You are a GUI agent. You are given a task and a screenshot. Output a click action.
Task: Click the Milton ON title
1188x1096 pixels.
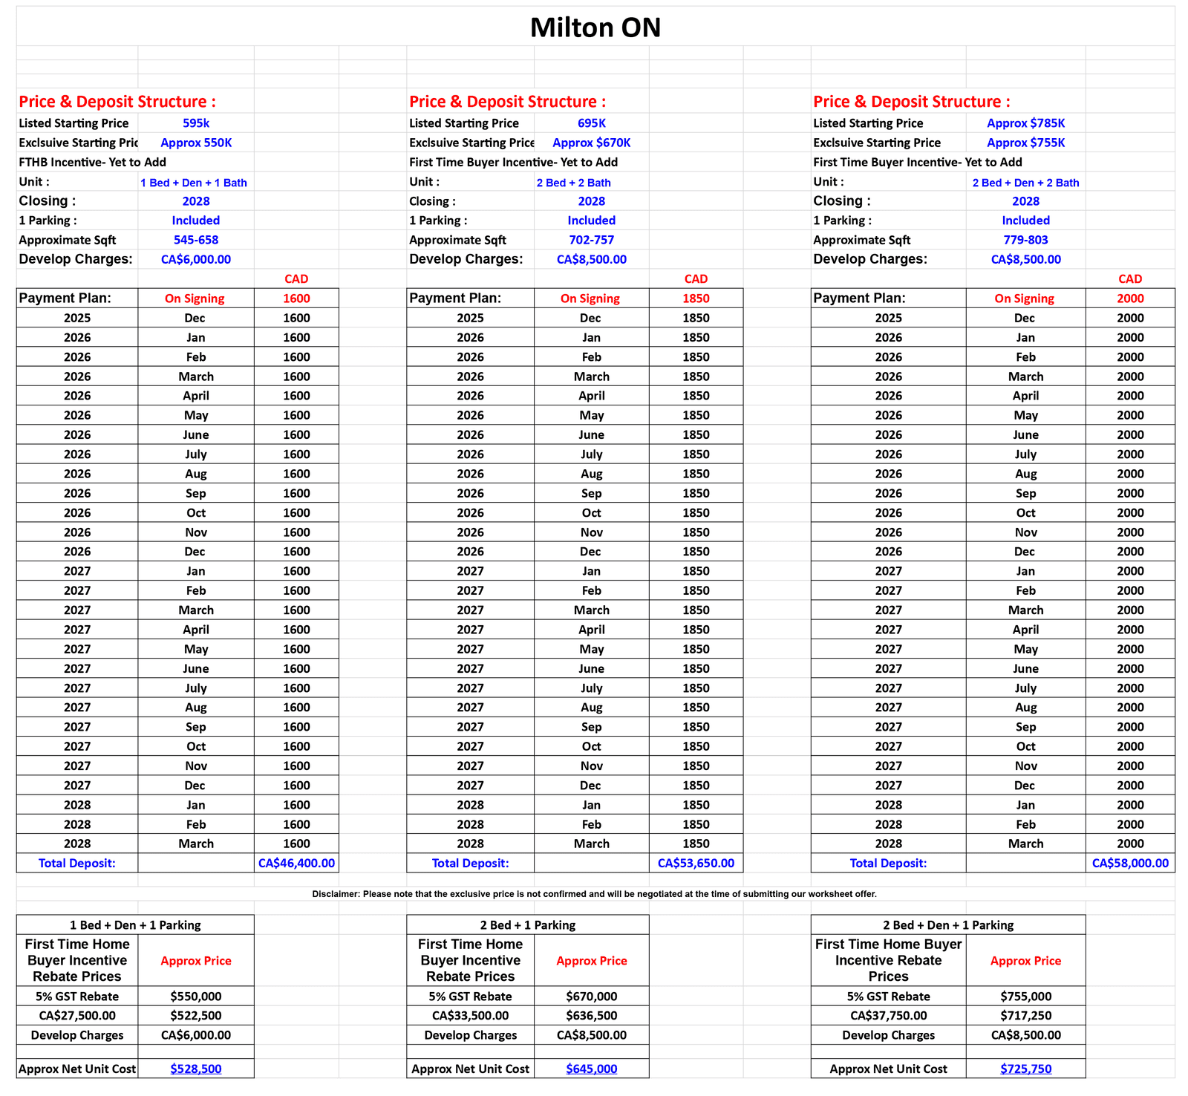[x=595, y=28]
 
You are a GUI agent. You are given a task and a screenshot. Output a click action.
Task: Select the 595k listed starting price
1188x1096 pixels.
[x=196, y=123]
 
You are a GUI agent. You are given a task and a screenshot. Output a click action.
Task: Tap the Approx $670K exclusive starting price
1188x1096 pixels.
[x=591, y=143]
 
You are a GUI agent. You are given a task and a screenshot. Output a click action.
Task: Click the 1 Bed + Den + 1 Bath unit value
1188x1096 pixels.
[x=194, y=183]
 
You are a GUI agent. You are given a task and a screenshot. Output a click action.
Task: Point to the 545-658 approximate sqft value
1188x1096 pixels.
[x=196, y=240]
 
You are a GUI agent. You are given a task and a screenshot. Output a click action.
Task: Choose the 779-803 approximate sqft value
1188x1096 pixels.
[x=1025, y=240]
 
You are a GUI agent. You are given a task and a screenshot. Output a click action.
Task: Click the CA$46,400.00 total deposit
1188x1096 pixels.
[x=296, y=863]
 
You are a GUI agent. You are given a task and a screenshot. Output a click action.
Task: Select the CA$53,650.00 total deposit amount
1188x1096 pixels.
[x=696, y=863]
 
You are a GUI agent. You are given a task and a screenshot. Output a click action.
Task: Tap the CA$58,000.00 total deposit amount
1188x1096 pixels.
[x=1130, y=863]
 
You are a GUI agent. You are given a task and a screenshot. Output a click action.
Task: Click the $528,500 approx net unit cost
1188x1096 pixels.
[x=196, y=1069]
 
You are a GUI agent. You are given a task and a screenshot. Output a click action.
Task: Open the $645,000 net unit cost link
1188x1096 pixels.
[x=591, y=1069]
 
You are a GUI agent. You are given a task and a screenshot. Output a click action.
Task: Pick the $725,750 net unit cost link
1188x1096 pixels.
[x=1025, y=1069]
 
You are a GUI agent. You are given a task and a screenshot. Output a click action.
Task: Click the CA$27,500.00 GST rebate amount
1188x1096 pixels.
[x=77, y=1015]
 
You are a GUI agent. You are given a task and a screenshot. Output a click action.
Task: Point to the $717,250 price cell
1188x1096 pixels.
[x=1025, y=1015]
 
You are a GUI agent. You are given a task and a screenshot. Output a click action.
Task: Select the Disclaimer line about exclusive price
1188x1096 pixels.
[x=594, y=894]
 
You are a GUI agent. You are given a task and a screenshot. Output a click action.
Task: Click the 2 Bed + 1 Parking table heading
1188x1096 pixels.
[x=527, y=925]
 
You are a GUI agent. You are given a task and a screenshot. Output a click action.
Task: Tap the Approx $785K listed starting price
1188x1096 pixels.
[x=1025, y=123]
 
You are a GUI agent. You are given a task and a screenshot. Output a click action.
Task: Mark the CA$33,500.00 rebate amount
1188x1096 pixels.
[x=470, y=1015]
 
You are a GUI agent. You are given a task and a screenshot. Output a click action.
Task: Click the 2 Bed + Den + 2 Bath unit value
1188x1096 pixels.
[x=1025, y=183]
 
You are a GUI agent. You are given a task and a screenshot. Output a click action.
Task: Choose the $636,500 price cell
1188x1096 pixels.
[x=591, y=1015]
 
